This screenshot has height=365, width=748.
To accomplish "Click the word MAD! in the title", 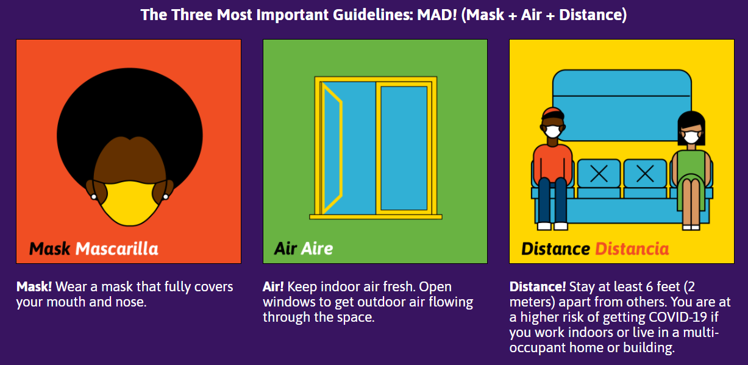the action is tap(436, 15).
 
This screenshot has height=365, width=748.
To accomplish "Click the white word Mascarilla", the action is tap(117, 249).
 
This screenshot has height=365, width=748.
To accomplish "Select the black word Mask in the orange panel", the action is tap(49, 249).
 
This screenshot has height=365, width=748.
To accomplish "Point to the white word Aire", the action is tap(317, 249).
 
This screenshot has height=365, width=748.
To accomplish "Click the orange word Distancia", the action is tap(632, 249).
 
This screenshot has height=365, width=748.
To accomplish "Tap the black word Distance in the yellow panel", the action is tap(555, 249).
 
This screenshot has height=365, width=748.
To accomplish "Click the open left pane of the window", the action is tap(332, 149).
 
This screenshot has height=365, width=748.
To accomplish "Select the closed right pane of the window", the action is tap(404, 149).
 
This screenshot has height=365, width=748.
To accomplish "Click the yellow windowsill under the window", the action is tap(376, 217).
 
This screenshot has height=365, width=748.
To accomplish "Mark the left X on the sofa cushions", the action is tap(599, 174).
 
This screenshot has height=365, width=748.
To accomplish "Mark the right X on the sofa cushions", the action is tap(645, 174).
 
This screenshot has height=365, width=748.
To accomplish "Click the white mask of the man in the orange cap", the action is tap(553, 132).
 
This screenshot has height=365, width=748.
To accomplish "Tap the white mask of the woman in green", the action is tap(691, 137).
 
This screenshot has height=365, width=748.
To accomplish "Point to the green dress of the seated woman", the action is tap(691, 174).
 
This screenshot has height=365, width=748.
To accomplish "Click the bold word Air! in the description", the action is tap(273, 287).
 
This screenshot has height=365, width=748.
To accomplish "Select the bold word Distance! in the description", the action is tap(537, 287).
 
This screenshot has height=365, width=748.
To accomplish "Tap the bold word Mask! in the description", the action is tap(34, 287).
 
